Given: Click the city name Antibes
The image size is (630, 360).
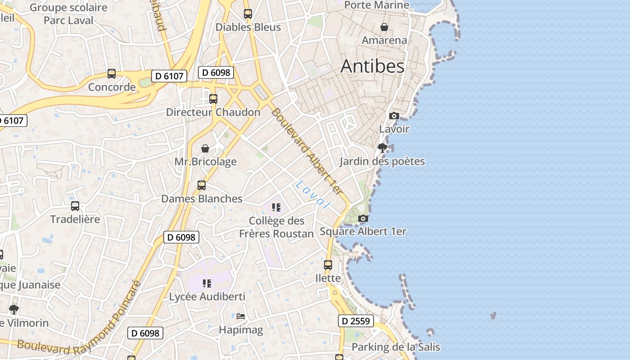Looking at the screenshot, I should click(x=372, y=66).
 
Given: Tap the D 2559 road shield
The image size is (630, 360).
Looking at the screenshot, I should click(x=355, y=321).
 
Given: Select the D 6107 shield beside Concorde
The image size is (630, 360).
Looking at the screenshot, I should click(x=169, y=76).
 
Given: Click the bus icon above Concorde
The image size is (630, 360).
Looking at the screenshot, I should click(x=112, y=74).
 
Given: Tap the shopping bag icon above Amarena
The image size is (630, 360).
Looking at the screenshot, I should click(x=384, y=27).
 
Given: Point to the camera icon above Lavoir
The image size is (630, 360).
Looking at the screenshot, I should click(x=394, y=116).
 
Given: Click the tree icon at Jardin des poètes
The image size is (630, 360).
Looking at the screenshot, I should click(x=382, y=148).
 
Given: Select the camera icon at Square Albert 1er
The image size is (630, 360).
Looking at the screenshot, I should click(x=363, y=219).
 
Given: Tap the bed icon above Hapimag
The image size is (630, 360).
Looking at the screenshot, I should click(x=241, y=316).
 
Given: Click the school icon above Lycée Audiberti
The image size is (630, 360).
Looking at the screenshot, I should click(x=207, y=283).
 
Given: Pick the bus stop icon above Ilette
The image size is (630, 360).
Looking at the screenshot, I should click(x=328, y=265).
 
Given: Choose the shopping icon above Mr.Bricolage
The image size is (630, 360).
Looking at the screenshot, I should click(x=205, y=148).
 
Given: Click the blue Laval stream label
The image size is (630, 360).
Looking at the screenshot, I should click(x=313, y=194).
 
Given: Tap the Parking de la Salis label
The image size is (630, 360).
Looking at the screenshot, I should click(x=396, y=347).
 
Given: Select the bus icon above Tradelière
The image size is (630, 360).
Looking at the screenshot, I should click(x=75, y=206).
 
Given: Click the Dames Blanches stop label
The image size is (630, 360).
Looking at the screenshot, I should click(x=202, y=198).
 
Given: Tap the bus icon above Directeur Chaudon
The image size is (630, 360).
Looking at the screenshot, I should click(x=213, y=99).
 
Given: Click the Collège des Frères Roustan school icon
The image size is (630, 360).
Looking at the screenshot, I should click(x=276, y=207).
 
